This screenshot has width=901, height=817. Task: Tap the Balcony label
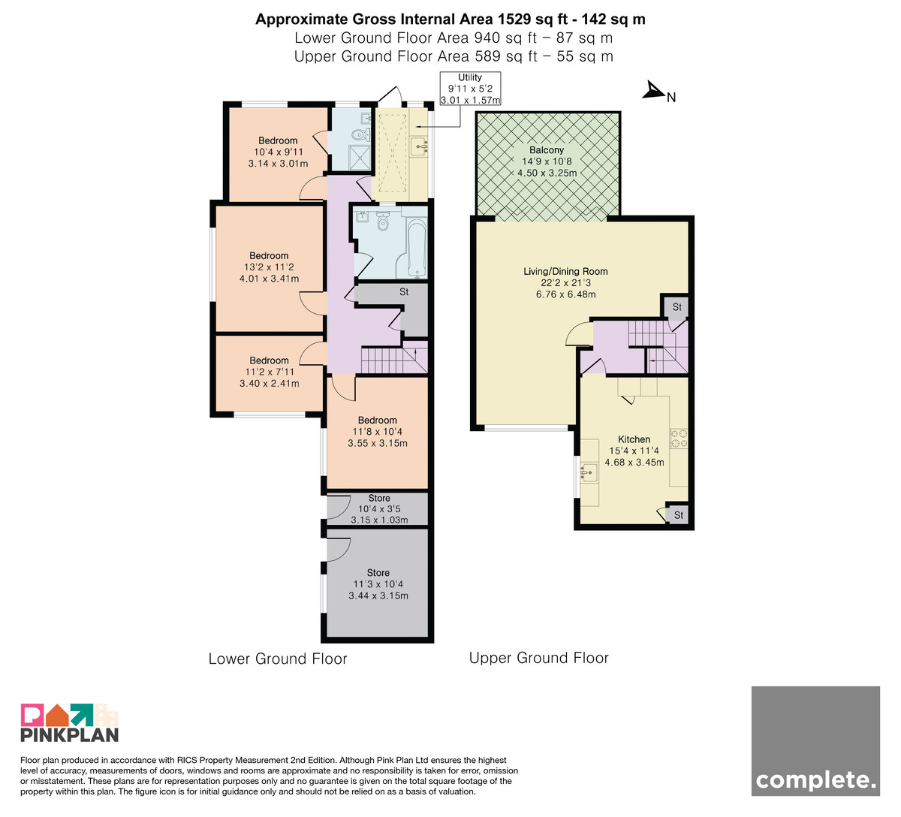[x=546, y=150]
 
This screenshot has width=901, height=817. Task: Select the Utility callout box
[x=470, y=89]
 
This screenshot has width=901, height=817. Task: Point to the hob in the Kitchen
[x=678, y=439]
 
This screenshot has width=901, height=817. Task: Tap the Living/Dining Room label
[x=565, y=271]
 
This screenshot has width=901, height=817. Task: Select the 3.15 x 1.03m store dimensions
[x=379, y=520]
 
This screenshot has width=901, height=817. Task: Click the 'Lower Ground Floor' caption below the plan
[x=278, y=659]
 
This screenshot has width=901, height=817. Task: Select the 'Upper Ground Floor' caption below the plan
[x=538, y=658]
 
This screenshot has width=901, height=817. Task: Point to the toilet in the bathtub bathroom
[x=382, y=221]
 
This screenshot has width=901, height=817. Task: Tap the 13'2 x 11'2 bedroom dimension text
[x=269, y=267]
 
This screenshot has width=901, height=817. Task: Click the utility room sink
[x=420, y=146]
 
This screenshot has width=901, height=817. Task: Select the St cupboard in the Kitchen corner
[x=677, y=514]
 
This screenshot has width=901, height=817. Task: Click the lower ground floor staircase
[x=394, y=357]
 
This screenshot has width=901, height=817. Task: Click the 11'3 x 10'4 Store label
[x=378, y=584]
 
